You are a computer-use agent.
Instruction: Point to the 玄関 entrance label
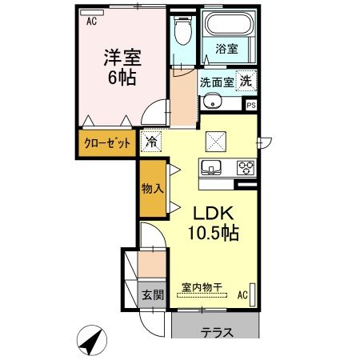tap(152, 295)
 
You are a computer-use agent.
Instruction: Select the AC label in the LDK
tap(242, 294)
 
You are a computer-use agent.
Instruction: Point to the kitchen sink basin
tap(211, 168)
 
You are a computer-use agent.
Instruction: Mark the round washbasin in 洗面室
tap(213, 102)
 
